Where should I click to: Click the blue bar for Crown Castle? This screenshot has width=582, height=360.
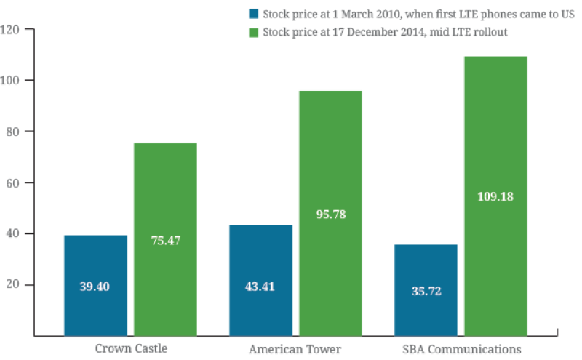[x=95, y=285]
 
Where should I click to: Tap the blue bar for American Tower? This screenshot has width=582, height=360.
[x=260, y=280]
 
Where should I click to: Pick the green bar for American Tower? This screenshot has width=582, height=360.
[x=330, y=212]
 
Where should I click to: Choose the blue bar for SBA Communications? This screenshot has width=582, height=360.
[x=426, y=290]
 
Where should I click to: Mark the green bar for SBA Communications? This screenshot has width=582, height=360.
[x=495, y=196]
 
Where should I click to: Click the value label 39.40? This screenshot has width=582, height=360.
[x=95, y=287]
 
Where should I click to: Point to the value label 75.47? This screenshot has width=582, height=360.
[x=165, y=241]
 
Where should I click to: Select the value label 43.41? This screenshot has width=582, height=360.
[x=260, y=287]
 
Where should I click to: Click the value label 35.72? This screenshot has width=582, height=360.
[x=426, y=291]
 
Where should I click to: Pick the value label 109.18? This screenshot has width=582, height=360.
[x=495, y=197]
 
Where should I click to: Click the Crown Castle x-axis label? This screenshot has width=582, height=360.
[x=131, y=348]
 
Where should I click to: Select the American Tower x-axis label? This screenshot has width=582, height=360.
[x=295, y=348]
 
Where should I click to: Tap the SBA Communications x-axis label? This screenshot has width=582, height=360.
[x=461, y=348]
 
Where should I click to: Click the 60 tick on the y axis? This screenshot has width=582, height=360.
[x=13, y=183]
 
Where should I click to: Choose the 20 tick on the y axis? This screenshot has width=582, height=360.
[x=13, y=284]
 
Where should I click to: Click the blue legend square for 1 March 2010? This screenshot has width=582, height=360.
[x=253, y=13]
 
